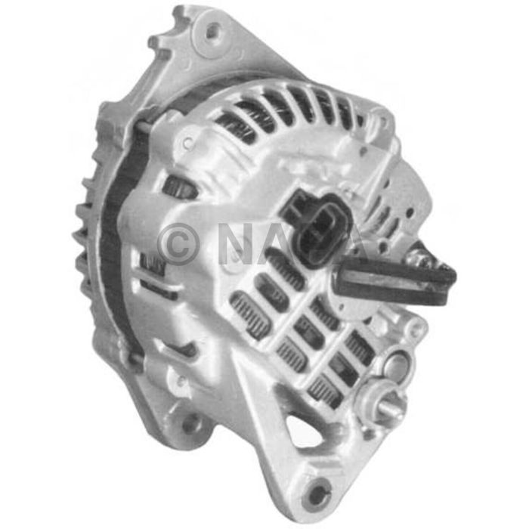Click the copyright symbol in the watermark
(178, 243)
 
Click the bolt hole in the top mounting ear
(214, 31)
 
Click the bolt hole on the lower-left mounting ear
(190, 423)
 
